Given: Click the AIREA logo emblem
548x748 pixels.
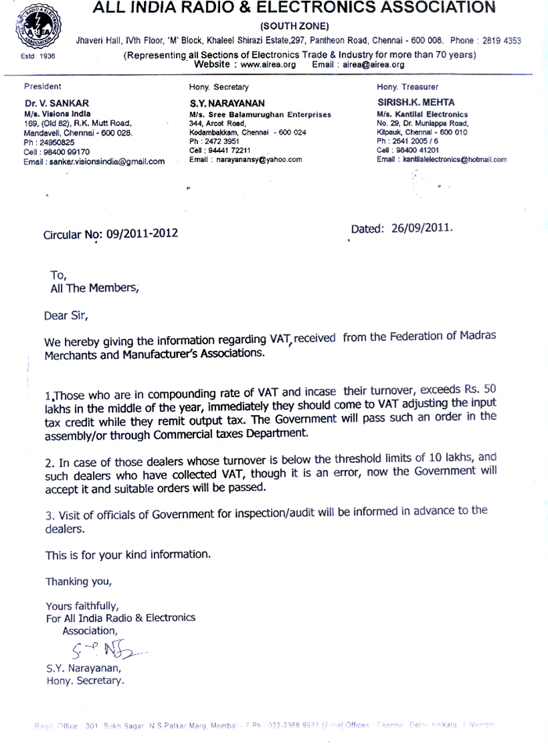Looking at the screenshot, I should (x=30, y=27).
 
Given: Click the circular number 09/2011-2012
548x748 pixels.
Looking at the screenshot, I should (x=134, y=233).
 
